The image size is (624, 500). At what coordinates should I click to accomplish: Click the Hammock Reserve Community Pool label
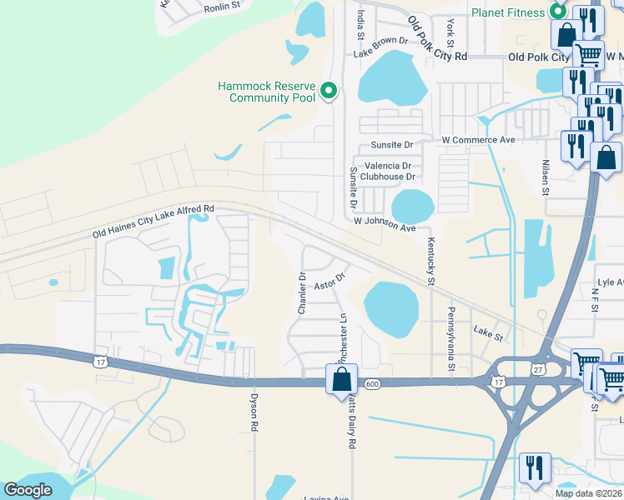(x=266, y=92)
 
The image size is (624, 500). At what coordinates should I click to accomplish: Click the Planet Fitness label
(x=507, y=12)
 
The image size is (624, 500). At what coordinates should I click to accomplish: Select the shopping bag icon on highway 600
(x=342, y=379)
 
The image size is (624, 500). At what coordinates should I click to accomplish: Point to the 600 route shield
(x=372, y=384)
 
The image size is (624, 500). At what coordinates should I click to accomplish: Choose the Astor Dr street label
(x=330, y=281)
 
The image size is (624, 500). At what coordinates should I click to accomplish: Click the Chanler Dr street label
(x=302, y=292)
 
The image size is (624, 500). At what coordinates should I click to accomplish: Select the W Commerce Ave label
(x=479, y=139)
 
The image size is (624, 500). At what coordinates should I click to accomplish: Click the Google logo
(x=28, y=489)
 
